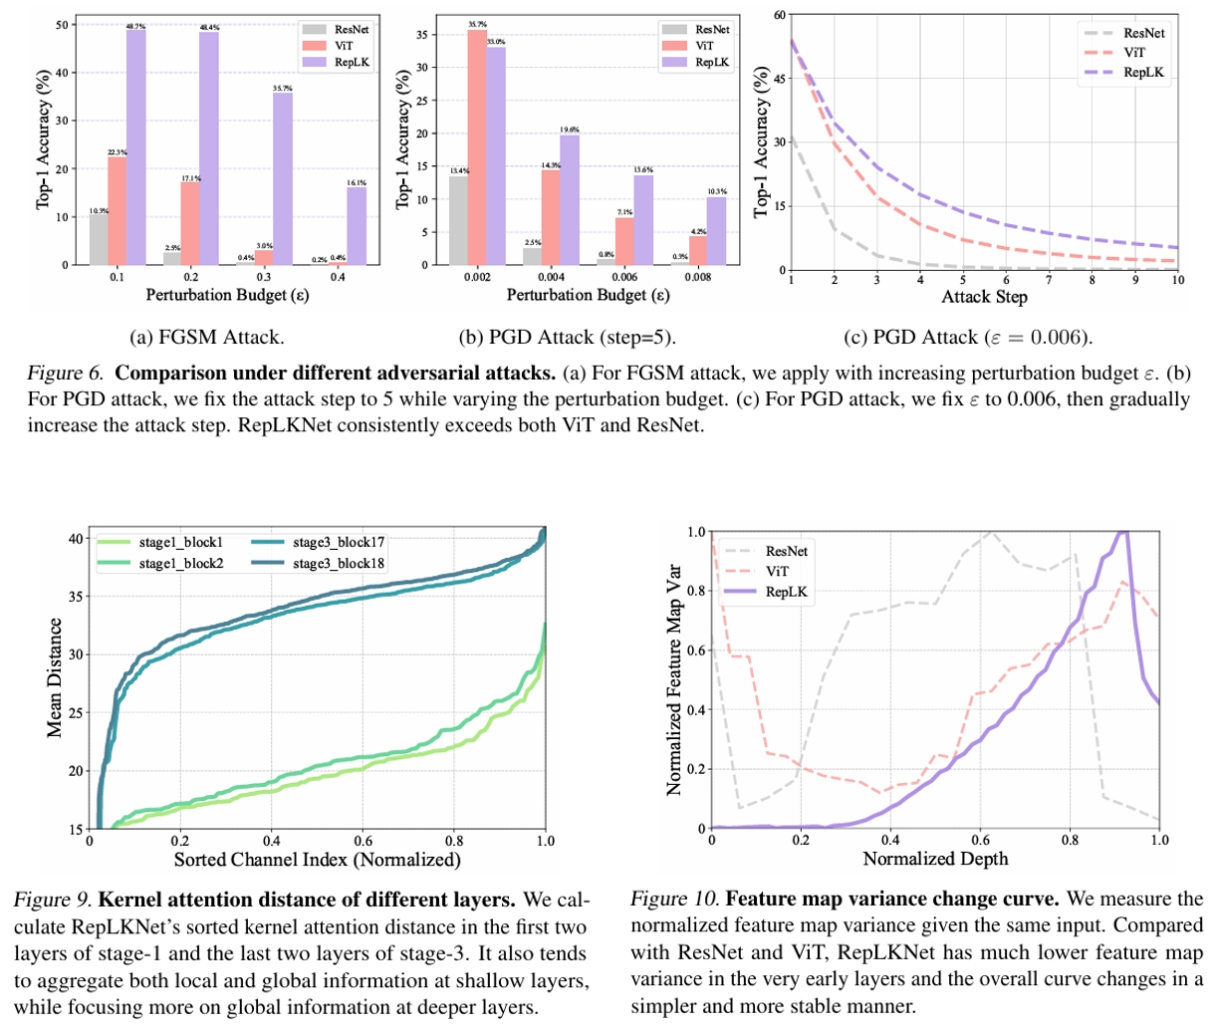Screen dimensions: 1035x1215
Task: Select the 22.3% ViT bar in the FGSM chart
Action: pos(117,210)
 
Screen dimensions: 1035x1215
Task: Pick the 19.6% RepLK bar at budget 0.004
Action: pos(569,199)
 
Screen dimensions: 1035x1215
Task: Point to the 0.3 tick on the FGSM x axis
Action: pos(264,277)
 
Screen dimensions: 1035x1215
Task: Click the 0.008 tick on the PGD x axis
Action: pos(698,277)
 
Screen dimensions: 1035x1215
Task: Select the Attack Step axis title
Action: pos(984,297)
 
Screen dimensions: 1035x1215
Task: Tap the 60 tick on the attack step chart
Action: pos(779,15)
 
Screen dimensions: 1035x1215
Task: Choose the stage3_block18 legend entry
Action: pos(339,563)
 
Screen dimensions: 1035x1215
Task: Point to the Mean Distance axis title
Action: pos(56,677)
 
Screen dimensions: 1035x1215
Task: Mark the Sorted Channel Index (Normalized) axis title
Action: pos(317,859)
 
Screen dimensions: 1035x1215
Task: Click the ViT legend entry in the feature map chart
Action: pos(777,571)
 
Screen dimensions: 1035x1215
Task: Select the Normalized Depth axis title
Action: pos(935,858)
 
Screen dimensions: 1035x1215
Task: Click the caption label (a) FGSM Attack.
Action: pos(207,337)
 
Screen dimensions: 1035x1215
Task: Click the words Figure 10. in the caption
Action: pos(673,900)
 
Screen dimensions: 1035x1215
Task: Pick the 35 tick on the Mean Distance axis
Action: pos(77,596)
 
